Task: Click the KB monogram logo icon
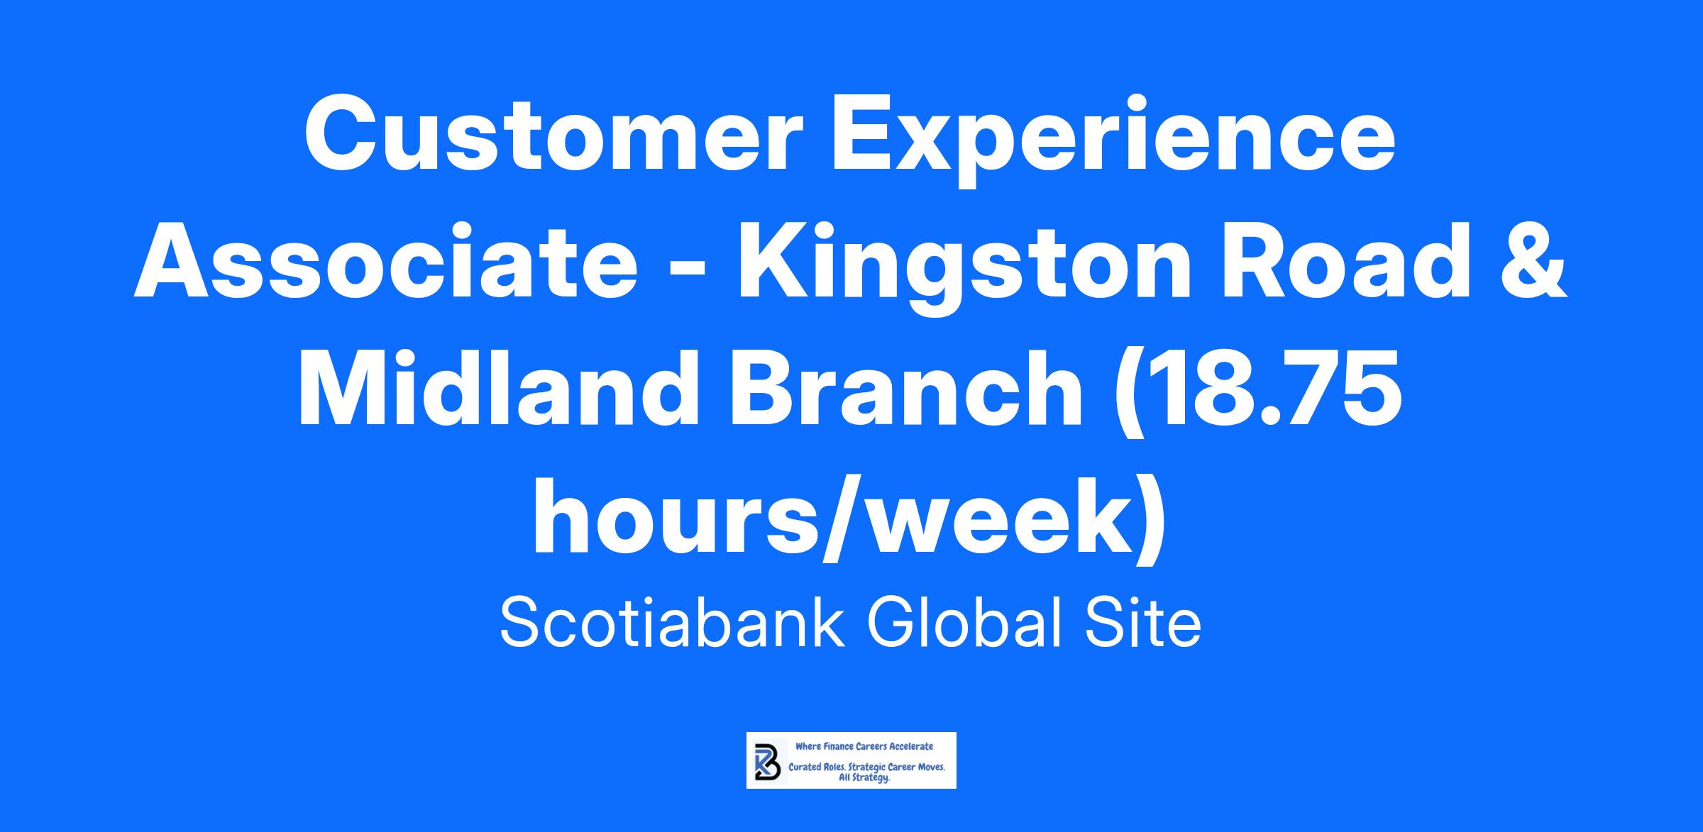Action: pos(766,761)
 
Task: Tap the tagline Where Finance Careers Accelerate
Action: pos(864,746)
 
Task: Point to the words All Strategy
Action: pos(864,778)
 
